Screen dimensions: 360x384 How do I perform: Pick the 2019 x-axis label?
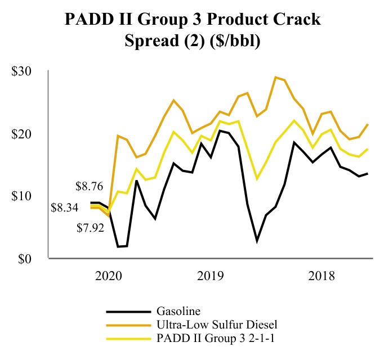point(211,276)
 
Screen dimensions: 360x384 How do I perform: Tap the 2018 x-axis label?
point(322,276)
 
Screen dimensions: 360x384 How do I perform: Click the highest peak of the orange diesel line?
point(275,77)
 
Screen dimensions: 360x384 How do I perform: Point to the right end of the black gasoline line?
point(368,173)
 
